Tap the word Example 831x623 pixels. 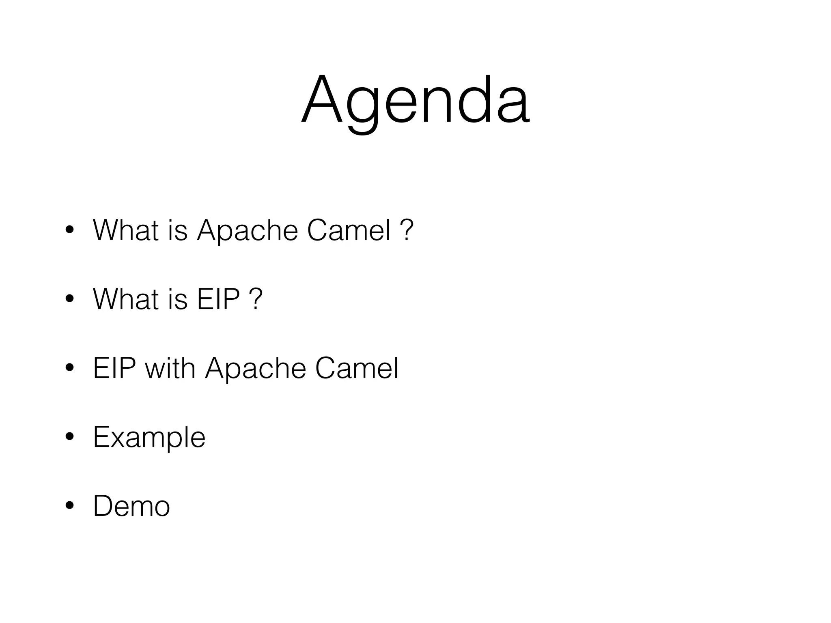point(149,438)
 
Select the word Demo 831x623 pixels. point(131,506)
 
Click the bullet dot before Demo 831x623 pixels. point(69,506)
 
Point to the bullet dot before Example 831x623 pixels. point(69,437)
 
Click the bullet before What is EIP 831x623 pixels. point(69,299)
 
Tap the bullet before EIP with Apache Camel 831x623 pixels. point(69,368)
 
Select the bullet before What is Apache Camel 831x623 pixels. point(69,230)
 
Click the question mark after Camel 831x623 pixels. point(407,230)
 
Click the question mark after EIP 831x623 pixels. point(256,299)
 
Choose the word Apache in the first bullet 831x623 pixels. point(248,230)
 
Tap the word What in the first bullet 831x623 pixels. point(126,230)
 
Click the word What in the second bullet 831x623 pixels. point(126,299)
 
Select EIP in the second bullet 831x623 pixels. point(218,299)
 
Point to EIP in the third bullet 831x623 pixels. point(114,368)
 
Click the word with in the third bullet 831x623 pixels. point(170,368)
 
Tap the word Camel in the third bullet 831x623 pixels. point(357,368)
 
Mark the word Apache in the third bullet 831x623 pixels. point(256,368)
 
